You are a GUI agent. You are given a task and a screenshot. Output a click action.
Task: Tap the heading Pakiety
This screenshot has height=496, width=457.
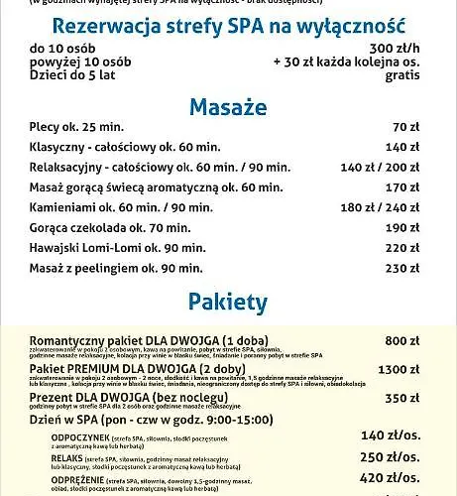pyautogui.click(x=228, y=301)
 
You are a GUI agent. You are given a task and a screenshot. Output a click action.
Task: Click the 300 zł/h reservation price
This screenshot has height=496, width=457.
pyautogui.click(x=395, y=48)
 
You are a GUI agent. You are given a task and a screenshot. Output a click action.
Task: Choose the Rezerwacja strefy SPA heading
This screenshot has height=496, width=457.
pyautogui.click(x=228, y=26)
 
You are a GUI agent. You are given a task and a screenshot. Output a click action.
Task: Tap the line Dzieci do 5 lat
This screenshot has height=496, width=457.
pyautogui.click(x=71, y=75)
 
